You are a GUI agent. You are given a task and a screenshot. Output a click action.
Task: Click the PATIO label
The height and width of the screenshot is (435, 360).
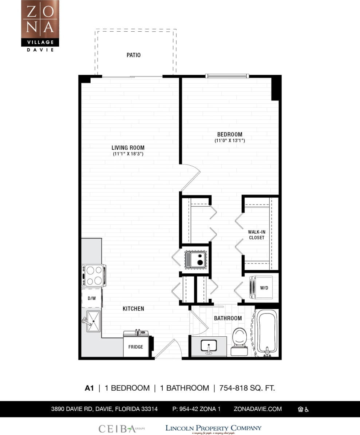coord(133,55)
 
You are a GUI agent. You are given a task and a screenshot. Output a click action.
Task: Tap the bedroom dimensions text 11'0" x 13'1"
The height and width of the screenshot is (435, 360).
coord(229,140)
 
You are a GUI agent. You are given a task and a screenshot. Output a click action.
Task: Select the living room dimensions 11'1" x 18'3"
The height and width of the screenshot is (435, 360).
coord(128,154)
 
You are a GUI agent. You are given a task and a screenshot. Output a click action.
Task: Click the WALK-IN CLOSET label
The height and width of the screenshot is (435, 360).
coord(256,235)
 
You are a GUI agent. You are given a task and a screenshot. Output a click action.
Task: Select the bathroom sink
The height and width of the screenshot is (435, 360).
coord(209,346)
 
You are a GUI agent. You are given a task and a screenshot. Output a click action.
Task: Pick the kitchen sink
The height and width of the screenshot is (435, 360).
coord(93,321)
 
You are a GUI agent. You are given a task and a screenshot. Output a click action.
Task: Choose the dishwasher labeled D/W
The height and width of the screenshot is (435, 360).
coord(92,298)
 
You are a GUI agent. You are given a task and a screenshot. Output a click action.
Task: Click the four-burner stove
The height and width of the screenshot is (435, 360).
coord(94,275)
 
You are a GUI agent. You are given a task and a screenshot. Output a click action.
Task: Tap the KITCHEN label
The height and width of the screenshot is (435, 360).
coord(133,309)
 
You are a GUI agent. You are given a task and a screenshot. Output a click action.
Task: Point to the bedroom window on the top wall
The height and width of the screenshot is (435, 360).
coord(227,76)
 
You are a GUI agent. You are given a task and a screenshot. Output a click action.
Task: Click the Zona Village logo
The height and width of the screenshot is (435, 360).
coord(40,25)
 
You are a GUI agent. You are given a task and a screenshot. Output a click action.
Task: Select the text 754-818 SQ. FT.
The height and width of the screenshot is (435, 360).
coord(247,388)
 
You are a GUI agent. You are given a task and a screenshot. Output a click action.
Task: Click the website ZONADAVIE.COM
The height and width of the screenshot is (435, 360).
coord(258,409)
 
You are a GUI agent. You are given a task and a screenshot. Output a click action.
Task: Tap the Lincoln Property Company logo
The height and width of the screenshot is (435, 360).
coord(213,428)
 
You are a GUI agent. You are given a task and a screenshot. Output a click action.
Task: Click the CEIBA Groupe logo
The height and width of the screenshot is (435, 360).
coord(121,429)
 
